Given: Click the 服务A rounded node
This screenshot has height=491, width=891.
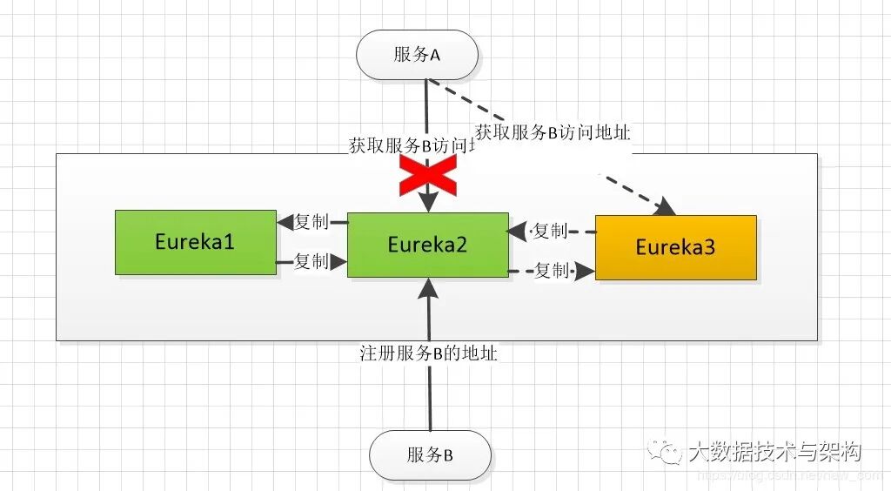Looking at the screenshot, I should (x=418, y=55).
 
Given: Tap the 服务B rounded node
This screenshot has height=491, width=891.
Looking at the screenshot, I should (x=430, y=455).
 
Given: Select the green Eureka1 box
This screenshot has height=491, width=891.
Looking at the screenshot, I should (x=196, y=242).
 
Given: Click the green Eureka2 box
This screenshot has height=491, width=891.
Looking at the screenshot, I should (x=427, y=245).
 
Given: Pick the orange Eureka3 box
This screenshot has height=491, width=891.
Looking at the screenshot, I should (x=675, y=247).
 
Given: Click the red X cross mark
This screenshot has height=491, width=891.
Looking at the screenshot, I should (x=428, y=177).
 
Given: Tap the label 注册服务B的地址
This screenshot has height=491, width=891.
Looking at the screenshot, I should (x=429, y=354).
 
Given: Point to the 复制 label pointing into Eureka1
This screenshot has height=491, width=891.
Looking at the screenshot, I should (x=312, y=222).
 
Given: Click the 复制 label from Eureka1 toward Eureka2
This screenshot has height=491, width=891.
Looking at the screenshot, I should (x=312, y=261).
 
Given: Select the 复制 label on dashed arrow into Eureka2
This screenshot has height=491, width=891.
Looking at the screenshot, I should (x=550, y=232).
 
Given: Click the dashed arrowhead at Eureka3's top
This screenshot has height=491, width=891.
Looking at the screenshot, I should (x=667, y=208).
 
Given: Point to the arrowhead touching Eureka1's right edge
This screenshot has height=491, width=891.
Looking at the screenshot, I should (x=284, y=223).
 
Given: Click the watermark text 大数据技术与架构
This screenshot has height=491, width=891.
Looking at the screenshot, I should (x=774, y=452).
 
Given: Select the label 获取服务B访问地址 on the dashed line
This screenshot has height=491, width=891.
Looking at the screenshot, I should (x=553, y=133).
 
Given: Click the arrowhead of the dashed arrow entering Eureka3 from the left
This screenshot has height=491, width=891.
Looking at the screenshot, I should (x=587, y=272).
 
